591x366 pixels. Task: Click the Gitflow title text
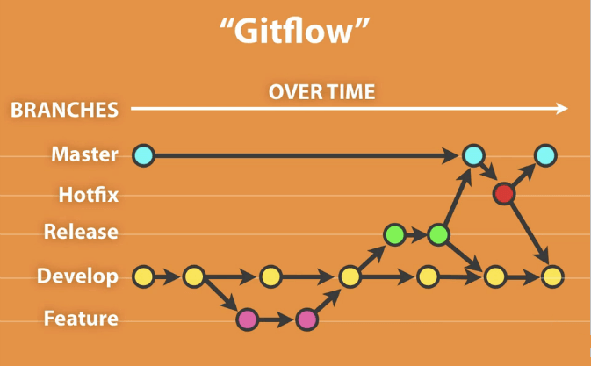[x=294, y=31]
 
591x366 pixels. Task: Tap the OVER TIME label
[x=322, y=92]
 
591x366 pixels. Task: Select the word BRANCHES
[x=64, y=110]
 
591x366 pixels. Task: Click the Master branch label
[x=85, y=154]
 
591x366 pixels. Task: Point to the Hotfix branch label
[x=89, y=195]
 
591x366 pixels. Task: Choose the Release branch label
[x=81, y=232]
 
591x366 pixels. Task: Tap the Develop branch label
[x=77, y=276]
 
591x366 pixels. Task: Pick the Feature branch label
[x=81, y=319]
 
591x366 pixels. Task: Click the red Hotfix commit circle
[x=504, y=194]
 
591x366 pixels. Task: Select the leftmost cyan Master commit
[x=144, y=155]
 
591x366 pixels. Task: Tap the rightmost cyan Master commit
[x=545, y=155]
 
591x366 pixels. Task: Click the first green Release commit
[x=394, y=234]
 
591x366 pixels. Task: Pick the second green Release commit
[x=439, y=235]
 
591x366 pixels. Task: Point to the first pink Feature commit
[x=248, y=319]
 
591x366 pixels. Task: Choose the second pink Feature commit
[x=306, y=319]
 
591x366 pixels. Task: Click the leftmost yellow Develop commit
[x=144, y=276]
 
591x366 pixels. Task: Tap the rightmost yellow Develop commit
[x=552, y=276]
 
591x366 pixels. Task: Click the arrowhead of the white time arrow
[x=562, y=109]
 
